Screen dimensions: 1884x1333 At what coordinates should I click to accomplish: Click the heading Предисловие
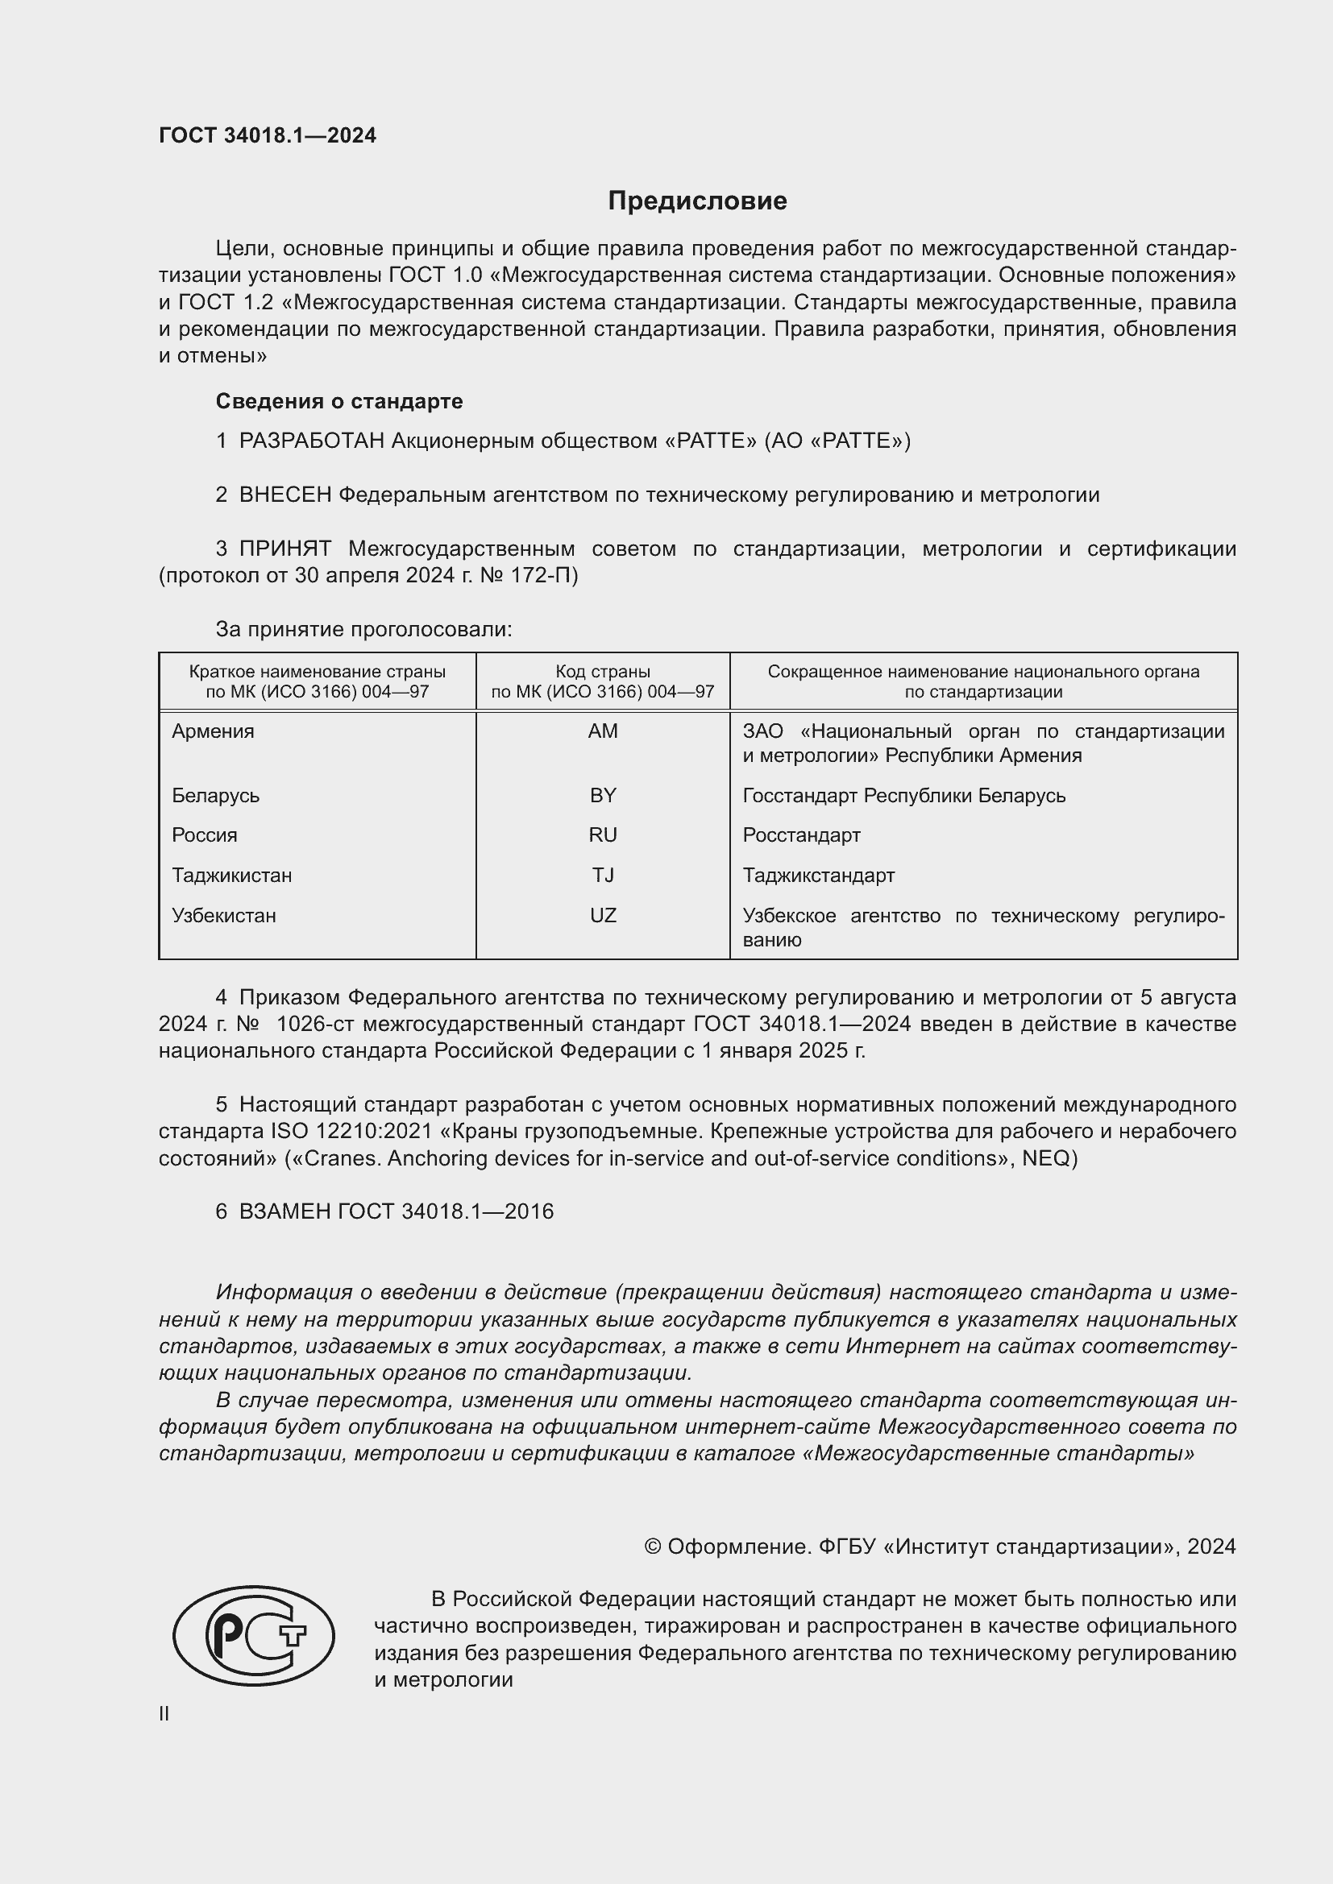[697, 201]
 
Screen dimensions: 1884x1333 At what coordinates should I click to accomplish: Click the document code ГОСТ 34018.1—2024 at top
[268, 136]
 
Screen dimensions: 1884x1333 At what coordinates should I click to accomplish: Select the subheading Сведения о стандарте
[339, 401]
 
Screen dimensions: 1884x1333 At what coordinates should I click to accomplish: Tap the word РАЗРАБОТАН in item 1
[312, 441]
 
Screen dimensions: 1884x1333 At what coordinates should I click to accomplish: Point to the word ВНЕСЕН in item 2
[285, 495]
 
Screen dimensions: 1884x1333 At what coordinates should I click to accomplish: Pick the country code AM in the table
[603, 731]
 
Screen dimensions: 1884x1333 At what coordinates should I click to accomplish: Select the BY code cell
[603, 795]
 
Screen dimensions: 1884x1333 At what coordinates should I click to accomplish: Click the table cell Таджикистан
[231, 876]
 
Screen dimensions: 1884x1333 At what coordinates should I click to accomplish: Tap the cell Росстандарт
[801, 835]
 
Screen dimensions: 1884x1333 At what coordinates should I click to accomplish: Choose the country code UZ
[603, 916]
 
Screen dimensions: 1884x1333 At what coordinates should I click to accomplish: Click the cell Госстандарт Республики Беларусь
[903, 795]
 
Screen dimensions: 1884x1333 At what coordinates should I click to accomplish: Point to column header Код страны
[603, 672]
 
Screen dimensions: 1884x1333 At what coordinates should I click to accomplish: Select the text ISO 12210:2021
[351, 1132]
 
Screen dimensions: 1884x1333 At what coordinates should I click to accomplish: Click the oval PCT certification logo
[254, 1635]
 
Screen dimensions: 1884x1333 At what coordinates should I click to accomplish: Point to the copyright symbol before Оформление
[653, 1547]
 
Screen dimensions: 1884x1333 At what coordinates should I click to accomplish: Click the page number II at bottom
[164, 1714]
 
